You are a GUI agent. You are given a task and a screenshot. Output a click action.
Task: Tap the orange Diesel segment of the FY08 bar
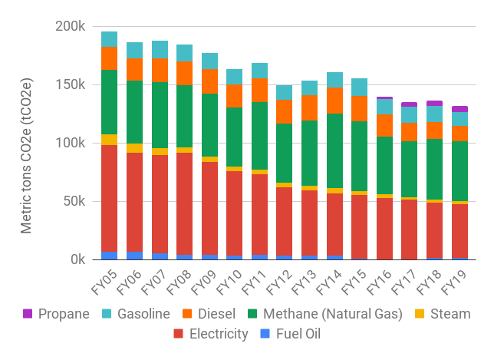184,73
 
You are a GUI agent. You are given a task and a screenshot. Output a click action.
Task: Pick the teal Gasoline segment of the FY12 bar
285,92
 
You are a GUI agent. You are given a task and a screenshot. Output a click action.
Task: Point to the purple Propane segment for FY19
460,109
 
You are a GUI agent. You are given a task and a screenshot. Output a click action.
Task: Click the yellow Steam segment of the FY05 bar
109,140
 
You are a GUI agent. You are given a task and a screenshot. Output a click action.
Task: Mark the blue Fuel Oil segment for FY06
134,255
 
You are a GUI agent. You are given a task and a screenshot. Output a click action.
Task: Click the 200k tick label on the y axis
70,26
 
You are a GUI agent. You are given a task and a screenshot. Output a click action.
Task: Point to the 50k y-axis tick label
74,201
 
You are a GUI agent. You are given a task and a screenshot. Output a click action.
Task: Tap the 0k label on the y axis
77,259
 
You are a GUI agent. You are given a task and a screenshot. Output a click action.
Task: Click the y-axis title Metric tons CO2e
27,144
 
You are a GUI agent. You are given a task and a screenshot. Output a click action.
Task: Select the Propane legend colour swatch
28,314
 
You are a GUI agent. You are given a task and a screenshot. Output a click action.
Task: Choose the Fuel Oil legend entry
295,334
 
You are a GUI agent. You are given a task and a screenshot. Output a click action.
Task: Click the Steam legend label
450,314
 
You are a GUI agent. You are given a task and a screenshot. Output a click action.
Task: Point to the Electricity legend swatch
179,334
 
